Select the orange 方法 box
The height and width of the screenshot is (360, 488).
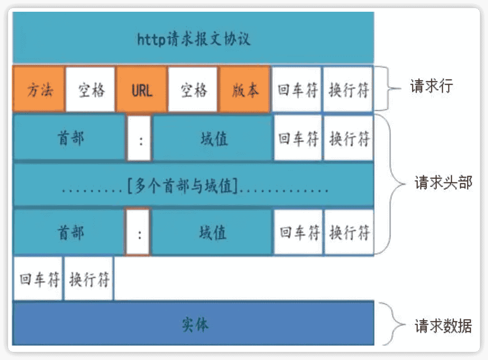(x=39, y=89)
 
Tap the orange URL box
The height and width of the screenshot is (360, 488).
(x=142, y=89)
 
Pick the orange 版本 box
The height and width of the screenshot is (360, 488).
(x=245, y=89)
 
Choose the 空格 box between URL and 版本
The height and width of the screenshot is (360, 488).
(x=193, y=89)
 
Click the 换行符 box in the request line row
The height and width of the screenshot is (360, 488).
(x=348, y=89)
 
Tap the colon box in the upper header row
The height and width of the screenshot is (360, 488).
(x=139, y=138)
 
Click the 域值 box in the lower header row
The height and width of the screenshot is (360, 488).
(x=212, y=232)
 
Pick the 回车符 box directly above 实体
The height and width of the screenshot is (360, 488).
(x=38, y=279)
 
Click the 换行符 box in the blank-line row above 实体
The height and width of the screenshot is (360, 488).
(x=89, y=279)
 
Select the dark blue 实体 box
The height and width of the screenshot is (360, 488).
(x=194, y=323)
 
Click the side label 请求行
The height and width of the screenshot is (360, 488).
(x=431, y=86)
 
